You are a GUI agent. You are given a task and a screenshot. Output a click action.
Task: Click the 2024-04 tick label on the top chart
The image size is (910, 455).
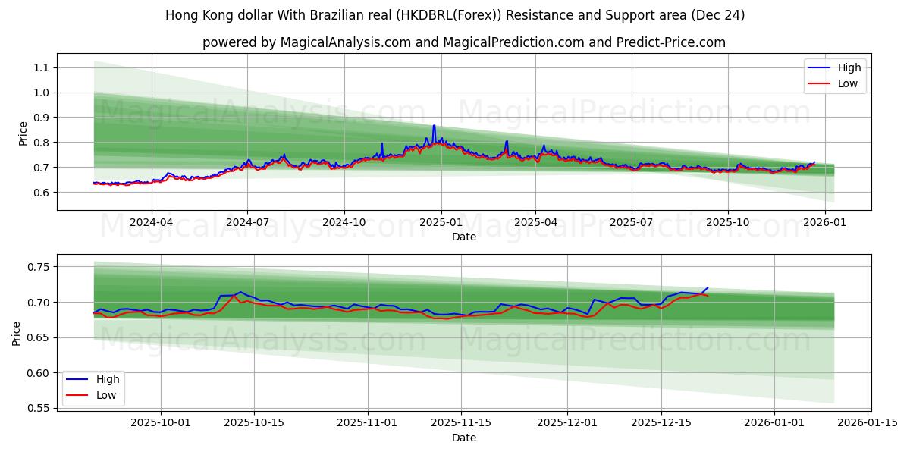click(151, 223)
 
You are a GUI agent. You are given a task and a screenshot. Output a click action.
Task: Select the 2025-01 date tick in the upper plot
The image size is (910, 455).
click(440, 223)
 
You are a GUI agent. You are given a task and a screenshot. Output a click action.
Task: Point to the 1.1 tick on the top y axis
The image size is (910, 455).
click(40, 67)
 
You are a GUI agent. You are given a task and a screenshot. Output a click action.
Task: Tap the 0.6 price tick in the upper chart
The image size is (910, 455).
click(40, 193)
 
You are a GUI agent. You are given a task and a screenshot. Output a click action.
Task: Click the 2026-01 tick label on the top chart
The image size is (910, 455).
click(824, 223)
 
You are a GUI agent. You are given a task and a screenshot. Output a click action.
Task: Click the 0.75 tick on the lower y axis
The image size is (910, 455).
click(37, 267)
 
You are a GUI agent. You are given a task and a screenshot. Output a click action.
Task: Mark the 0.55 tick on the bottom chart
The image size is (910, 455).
click(37, 409)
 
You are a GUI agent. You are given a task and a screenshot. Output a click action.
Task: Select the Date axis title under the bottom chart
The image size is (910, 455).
click(464, 438)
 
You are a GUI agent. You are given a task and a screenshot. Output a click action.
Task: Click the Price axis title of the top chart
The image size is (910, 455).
click(23, 133)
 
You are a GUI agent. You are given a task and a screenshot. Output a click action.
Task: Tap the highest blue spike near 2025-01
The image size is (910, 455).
click(434, 125)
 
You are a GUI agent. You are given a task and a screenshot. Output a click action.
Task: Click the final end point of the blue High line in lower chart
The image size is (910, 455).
click(708, 288)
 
